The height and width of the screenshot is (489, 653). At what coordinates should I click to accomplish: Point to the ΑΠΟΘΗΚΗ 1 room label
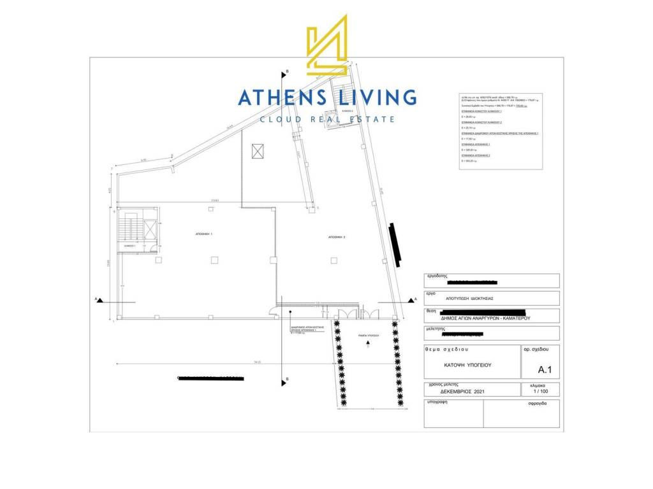tap(203, 234)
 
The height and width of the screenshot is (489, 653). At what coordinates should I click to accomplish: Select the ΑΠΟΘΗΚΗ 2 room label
tap(337, 237)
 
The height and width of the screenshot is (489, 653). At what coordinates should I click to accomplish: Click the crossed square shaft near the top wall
tap(258, 151)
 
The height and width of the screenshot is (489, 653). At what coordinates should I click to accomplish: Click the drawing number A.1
tap(545, 369)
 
